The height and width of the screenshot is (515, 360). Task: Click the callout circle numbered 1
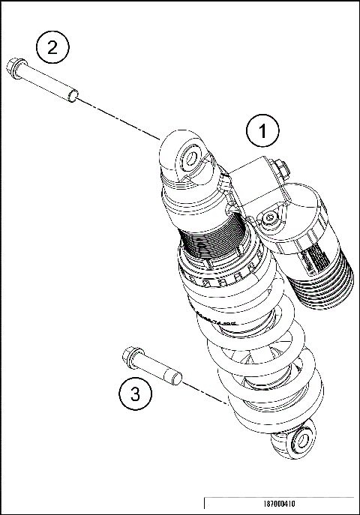tap(262, 132)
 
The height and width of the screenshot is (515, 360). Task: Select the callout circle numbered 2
tap(52, 47)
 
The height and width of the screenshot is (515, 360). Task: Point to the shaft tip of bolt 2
tap(73, 94)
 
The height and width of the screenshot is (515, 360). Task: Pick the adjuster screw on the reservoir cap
tap(270, 217)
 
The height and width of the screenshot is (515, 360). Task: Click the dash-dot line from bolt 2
tap(120, 118)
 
